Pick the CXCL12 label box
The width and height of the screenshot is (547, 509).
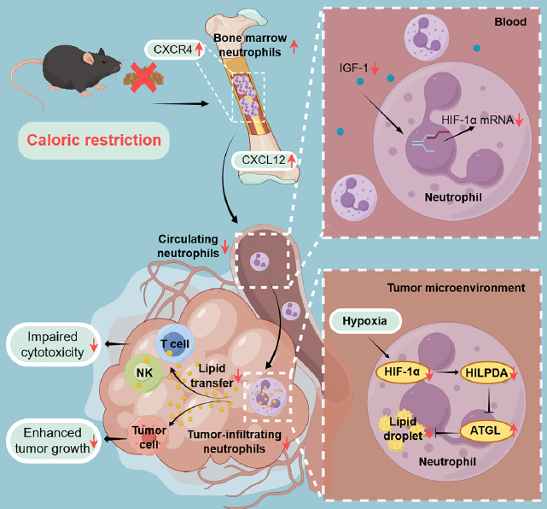pos(262,160)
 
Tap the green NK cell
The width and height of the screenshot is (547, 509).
pos(141,372)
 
